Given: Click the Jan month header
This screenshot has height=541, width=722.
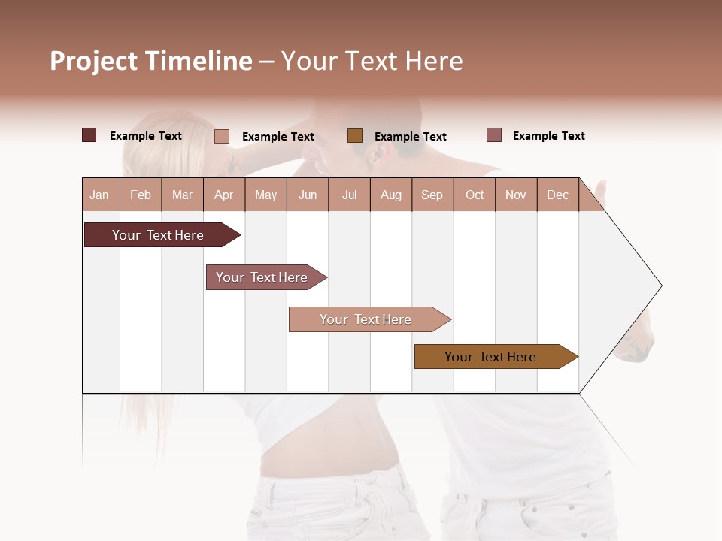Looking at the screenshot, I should [x=100, y=195].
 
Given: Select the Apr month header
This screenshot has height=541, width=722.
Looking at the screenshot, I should [x=224, y=195].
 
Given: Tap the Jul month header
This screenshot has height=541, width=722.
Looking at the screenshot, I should [x=350, y=195].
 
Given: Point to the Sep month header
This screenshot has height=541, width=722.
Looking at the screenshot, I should [x=432, y=195].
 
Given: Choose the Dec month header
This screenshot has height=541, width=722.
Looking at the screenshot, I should [x=558, y=195].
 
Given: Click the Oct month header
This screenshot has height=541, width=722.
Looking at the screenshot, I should [x=475, y=195].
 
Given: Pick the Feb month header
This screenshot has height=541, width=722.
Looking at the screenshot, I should [x=141, y=195].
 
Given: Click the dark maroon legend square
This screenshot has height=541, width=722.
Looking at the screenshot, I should [x=89, y=135].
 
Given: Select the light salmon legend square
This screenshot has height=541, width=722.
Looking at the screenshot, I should [x=221, y=136].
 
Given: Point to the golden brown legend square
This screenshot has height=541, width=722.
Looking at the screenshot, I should [x=355, y=135].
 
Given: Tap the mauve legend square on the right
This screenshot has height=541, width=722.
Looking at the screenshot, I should [x=493, y=135].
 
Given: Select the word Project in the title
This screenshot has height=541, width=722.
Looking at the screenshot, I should [x=94, y=61].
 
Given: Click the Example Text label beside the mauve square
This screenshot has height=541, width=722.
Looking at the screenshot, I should [x=548, y=136].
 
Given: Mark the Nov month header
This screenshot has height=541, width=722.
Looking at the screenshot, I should [x=516, y=195].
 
